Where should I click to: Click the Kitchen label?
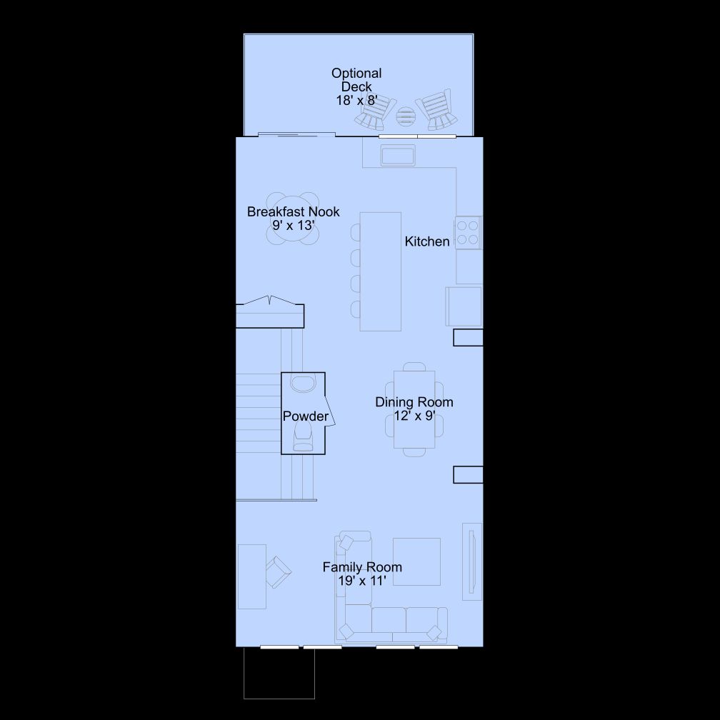(426, 241)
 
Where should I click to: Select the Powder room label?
(306, 416)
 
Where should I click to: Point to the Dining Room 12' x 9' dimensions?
(414, 416)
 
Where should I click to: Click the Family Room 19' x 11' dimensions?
(362, 581)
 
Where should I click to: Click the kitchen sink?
(398, 155)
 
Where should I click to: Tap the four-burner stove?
(468, 232)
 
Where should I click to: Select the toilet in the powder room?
(303, 436)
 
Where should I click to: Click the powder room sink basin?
(303, 384)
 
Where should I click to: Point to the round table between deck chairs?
(406, 116)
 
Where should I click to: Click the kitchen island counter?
(380, 271)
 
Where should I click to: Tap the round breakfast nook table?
(293, 219)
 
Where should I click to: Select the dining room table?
(414, 409)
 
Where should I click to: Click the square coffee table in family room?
(416, 561)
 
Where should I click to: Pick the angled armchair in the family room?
(278, 572)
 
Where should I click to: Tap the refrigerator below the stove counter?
(464, 306)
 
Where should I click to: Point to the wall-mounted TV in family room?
(472, 561)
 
